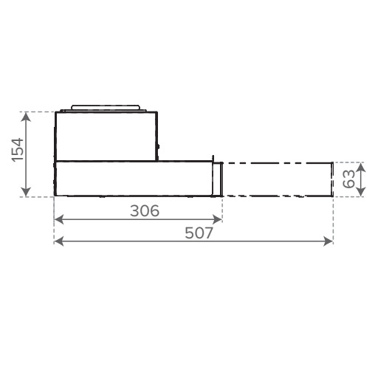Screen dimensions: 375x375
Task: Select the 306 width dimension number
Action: point(145,210)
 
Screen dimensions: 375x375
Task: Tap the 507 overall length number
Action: point(199,233)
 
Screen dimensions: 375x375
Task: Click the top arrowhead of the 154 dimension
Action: point(27,115)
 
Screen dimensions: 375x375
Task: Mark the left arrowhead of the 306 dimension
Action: point(58,219)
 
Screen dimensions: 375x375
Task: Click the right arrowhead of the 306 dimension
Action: point(218,219)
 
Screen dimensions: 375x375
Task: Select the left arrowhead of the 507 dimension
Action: point(58,241)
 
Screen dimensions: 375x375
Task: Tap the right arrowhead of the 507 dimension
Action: point(329,241)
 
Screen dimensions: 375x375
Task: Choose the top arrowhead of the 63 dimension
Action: point(360,165)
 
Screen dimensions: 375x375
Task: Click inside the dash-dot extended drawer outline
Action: point(277,178)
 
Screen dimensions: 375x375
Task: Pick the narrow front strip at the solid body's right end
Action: point(217,179)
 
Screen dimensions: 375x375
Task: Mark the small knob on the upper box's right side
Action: point(157,154)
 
